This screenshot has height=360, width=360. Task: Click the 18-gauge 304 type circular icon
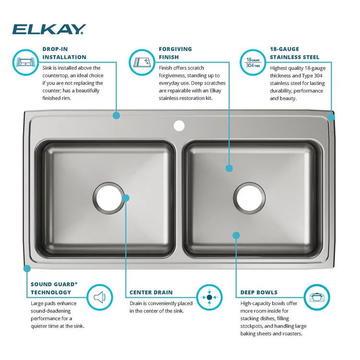[252, 62]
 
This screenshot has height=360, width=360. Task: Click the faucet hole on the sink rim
[179, 126]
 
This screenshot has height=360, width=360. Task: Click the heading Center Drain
[151, 292]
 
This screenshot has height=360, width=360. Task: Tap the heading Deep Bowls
[259, 292]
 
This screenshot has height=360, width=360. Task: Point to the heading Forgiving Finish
[175, 53]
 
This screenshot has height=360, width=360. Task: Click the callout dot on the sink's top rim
[116, 115]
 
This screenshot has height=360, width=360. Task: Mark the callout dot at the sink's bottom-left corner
[27, 268]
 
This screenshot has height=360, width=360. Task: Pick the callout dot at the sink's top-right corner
[332, 117]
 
